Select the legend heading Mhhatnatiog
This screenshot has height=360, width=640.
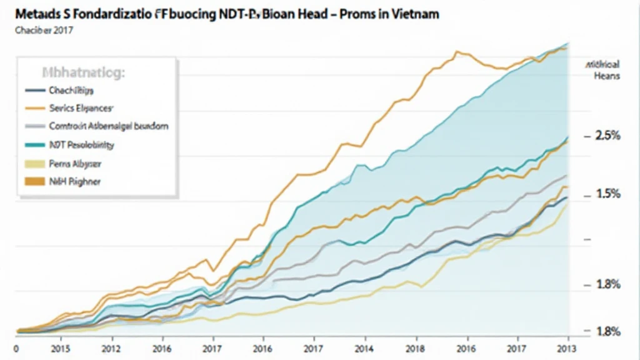point(83,72)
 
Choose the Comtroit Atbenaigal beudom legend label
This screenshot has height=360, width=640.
point(108,126)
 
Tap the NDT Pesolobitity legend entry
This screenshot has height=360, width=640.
point(81,145)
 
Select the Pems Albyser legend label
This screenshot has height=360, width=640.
point(74,164)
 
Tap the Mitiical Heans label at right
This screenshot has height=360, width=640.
point(604,69)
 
